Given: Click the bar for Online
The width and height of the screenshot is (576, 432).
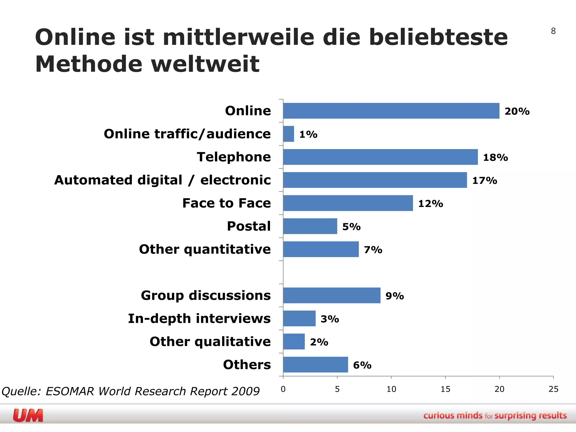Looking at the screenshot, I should pos(391,111).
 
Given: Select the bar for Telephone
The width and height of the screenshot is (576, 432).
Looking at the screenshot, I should pos(380,157).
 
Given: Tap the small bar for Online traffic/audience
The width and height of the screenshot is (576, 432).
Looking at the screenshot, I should pos(289,134).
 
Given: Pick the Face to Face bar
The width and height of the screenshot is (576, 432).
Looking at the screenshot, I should pos(348,203).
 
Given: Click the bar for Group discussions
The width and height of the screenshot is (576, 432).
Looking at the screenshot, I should pos(332,295).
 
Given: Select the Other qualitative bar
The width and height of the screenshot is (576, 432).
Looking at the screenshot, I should pos(294,341).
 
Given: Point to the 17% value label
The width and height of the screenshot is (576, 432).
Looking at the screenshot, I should pos(484,181).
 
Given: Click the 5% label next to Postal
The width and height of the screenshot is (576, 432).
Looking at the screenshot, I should pos(351,227).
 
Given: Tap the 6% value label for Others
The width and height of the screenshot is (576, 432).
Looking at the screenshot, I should pos(362,365).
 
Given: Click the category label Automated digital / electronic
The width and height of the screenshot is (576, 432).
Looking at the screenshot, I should pos(163,180).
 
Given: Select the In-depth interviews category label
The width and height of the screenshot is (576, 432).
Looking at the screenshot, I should pos(199,319).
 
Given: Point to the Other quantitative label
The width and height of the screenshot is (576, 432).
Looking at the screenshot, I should pos(205,249).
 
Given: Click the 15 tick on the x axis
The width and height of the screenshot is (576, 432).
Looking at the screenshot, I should pos(445,389).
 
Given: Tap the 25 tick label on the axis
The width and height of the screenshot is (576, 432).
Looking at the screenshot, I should pos(553,389).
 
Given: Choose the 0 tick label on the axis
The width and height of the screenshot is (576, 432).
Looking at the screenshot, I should pos(283,389).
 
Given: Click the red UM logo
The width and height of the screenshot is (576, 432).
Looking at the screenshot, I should pos(28,415).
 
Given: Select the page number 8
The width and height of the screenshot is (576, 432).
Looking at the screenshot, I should pos(553,31).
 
